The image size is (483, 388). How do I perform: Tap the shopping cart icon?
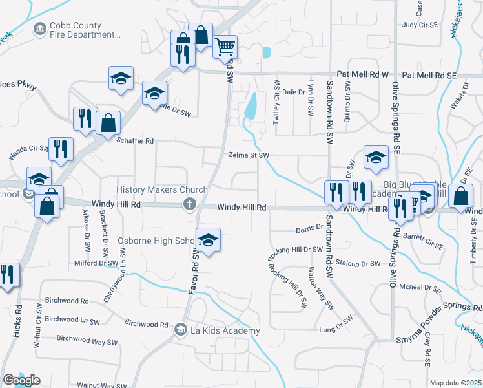tap(225, 46)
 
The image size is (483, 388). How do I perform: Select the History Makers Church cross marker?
tap(190, 205)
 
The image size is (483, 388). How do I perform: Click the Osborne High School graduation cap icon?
tap(208, 240)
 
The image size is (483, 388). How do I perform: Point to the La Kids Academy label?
tap(225, 330)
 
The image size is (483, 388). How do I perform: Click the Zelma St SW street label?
tap(248, 155)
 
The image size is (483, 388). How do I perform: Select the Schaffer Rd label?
tap(139, 140)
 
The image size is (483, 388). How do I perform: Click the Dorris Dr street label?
tap(309, 228)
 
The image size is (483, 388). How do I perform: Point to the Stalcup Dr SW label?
tap(362, 264)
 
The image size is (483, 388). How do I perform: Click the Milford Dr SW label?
tap(98, 263)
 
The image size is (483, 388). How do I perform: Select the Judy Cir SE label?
tap(419, 25)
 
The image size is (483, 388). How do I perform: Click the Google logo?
tap(21, 380)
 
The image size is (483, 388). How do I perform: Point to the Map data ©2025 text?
tap(455, 383)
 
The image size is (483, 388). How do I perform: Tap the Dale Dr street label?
tap(293, 92)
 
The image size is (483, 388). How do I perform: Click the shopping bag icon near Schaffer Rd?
tap(108, 122)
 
